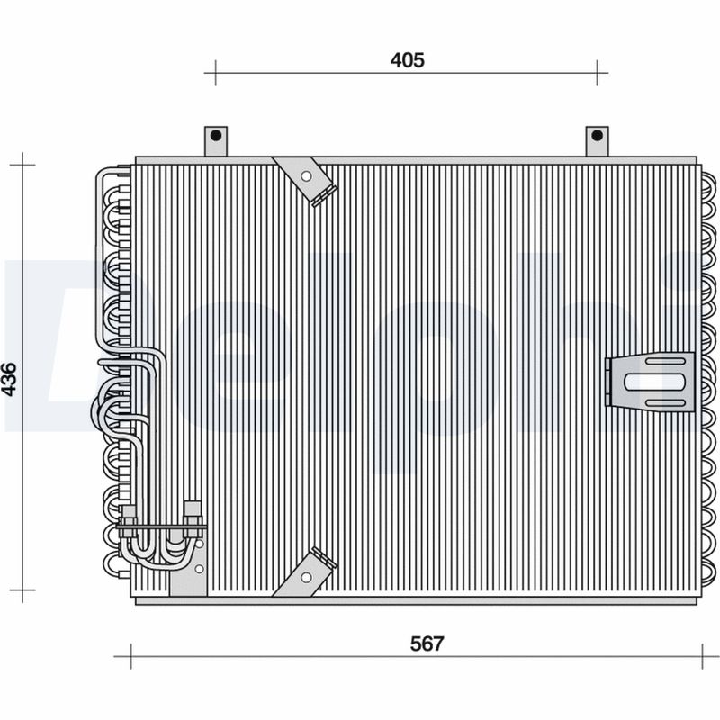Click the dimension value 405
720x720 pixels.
pos(407,60)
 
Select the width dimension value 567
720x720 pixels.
pos(427,643)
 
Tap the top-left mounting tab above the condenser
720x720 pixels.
pos(216,140)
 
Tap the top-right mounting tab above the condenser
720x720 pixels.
pos(597,140)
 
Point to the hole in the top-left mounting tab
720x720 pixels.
pos(216,136)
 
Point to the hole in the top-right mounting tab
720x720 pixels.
pos(597,136)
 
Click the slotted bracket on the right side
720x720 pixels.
pos(650,382)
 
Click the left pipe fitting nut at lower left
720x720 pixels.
pos(129,515)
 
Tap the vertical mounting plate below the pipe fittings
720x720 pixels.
pos(188,567)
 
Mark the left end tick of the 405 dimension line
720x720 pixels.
pos(215,73)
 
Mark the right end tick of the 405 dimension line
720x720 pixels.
pos(598,73)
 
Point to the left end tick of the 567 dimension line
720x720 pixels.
pos(131,656)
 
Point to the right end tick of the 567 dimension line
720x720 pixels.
pos(703,656)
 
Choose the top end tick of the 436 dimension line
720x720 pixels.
pos(22,165)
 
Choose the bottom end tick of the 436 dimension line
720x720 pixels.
pos(22,591)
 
